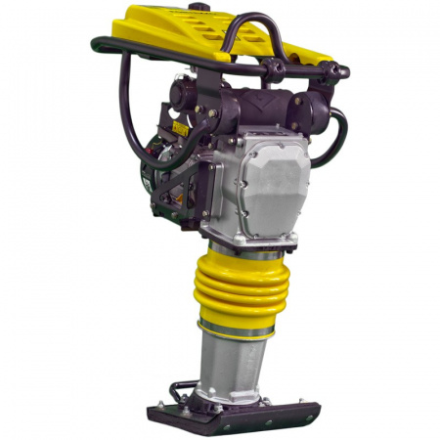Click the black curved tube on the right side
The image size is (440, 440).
336,132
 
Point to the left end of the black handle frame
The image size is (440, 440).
98,44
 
